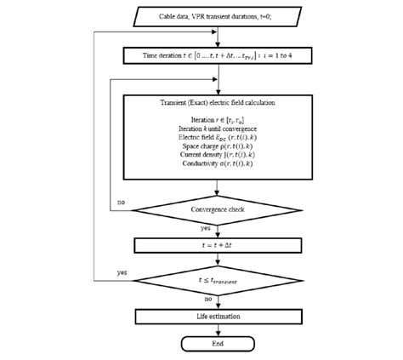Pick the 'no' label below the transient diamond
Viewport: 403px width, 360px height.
click(x=207, y=299)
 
